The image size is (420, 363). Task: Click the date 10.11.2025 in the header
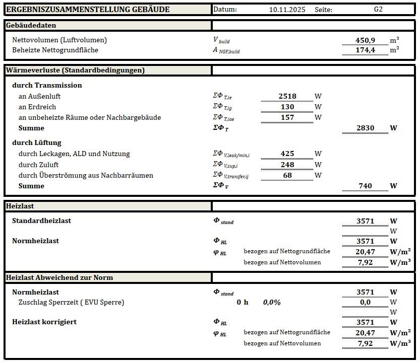point(287,10)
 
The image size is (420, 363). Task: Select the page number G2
point(378,10)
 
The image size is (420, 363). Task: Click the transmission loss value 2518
point(287,96)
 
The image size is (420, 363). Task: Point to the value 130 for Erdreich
point(287,107)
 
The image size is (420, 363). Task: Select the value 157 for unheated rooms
point(287,117)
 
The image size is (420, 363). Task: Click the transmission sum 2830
point(365,128)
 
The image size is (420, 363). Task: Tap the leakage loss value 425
point(287,154)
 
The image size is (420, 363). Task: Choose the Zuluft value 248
point(287,164)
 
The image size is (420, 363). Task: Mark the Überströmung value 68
point(288,175)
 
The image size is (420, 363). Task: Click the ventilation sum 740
point(365,186)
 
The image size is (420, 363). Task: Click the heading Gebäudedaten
point(31,25)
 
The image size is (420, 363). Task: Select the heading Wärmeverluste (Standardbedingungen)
point(75,70)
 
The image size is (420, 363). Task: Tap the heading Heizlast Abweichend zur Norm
point(59,277)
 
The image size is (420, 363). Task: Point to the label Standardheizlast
point(41,221)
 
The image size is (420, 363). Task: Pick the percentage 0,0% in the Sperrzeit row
point(272,302)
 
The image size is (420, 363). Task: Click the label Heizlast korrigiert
point(44,322)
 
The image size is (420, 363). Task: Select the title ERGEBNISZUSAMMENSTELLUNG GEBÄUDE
point(88,10)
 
